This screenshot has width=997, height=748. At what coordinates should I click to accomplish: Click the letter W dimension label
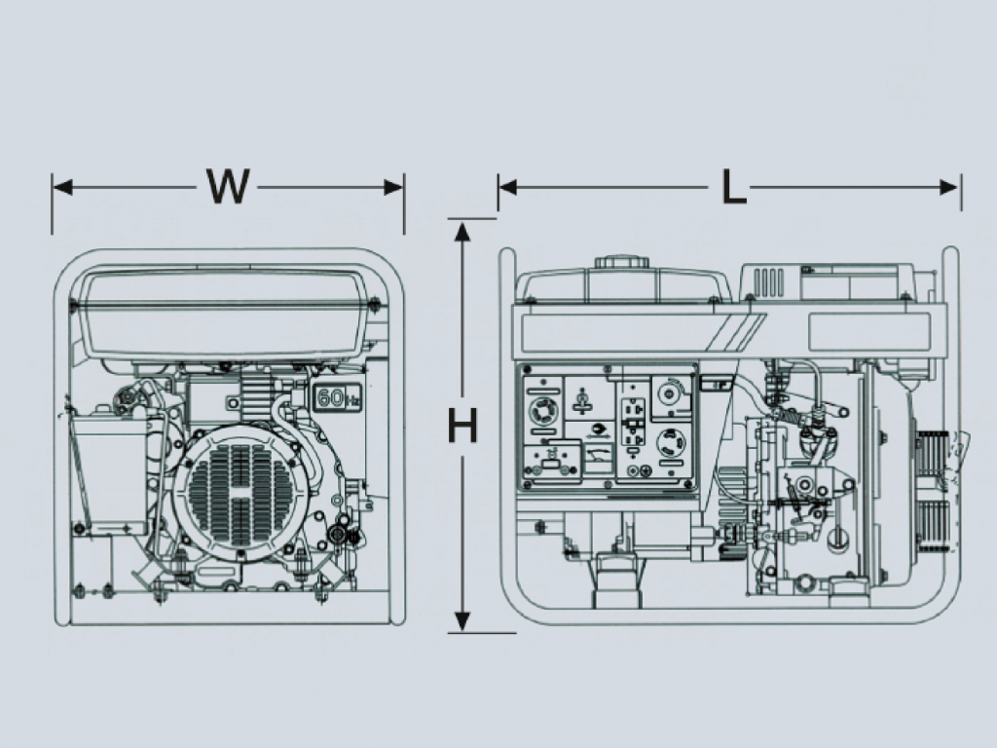tap(228, 186)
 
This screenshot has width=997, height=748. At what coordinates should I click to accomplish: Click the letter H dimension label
tap(462, 426)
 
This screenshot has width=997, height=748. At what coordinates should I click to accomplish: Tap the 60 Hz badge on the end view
tap(334, 396)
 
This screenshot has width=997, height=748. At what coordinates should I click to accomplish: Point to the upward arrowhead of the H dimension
tap(462, 230)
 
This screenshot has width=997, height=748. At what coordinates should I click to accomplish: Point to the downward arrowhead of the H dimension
tap(462, 621)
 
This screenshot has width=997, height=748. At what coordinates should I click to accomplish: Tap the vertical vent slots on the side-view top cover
tap(768, 281)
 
